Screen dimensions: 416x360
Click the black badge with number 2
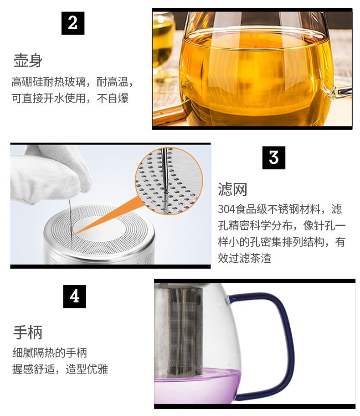point(73,23)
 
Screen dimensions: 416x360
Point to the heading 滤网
point(232,189)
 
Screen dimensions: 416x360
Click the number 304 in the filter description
point(226,209)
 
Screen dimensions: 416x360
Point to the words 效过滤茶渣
point(244,258)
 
